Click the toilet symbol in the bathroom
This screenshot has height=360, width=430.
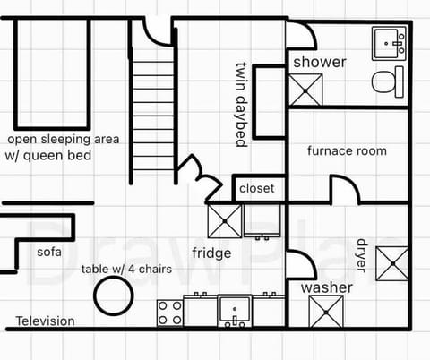tap(387, 81)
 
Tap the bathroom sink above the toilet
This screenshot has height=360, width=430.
tap(389, 41)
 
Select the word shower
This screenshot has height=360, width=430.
tap(319, 62)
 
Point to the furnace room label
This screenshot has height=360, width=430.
tap(347, 150)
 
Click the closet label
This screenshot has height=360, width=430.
tap(257, 189)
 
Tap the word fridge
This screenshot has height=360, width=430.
tap(211, 253)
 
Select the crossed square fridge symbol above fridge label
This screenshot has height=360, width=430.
tap(224, 220)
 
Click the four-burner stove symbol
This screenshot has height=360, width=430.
tap(170, 313)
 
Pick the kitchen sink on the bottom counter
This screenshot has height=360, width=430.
tap(235, 311)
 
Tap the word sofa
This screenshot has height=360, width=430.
tap(49, 252)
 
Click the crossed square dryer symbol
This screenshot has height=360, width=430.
tap(392, 262)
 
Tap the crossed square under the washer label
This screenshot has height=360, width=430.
tap(324, 312)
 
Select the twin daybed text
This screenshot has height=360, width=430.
tap(240, 103)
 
